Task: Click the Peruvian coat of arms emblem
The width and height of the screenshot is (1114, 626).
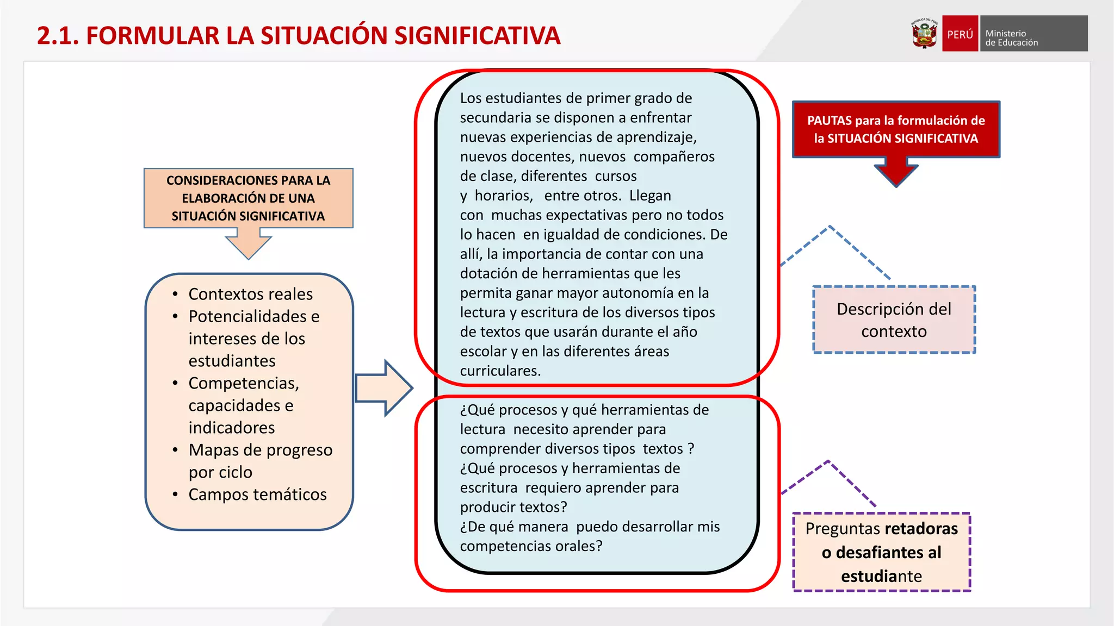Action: tap(924, 34)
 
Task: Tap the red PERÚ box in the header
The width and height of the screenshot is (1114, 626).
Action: tap(960, 34)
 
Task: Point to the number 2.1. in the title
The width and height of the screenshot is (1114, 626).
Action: tap(58, 36)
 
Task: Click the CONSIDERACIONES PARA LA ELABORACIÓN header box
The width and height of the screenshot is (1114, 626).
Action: tap(248, 198)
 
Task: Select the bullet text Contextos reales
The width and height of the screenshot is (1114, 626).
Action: tap(250, 294)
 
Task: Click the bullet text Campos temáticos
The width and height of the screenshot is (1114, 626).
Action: tap(257, 494)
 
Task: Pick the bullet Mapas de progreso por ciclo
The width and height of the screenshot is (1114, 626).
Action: tap(260, 461)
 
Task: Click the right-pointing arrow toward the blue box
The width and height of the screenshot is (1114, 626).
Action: tap(384, 388)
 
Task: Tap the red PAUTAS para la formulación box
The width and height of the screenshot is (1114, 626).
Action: tap(896, 129)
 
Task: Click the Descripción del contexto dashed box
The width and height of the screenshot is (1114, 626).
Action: tap(894, 320)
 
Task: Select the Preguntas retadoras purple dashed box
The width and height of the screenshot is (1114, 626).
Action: tap(881, 552)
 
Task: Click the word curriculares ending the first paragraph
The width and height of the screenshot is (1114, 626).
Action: tap(500, 371)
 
